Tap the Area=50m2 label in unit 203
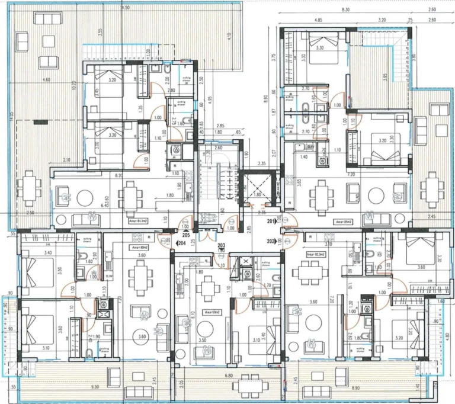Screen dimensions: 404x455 coord(213,312)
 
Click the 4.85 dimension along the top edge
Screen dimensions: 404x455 coord(318,20)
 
